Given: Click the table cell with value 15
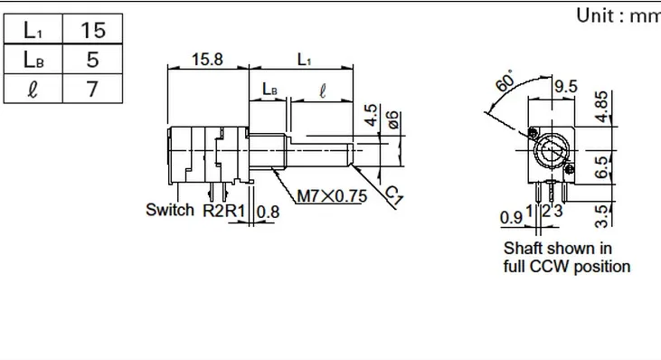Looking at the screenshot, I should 93,30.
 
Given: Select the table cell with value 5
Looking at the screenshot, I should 93,60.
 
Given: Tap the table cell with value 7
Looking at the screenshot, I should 93,90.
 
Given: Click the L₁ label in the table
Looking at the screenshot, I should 33,30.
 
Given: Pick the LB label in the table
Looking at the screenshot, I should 33,60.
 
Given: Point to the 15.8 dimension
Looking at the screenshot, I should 208,60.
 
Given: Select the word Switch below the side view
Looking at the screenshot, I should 170,211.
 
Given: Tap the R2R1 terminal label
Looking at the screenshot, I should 224,212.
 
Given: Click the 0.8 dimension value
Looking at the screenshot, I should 269,212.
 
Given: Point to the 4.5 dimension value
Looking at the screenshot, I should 371,116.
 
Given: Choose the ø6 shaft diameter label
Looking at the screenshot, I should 392,120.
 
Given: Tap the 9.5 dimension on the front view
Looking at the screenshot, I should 566,87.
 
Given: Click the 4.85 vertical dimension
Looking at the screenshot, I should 603,105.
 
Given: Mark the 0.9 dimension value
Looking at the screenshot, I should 511,217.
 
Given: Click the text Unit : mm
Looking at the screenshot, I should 618,15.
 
